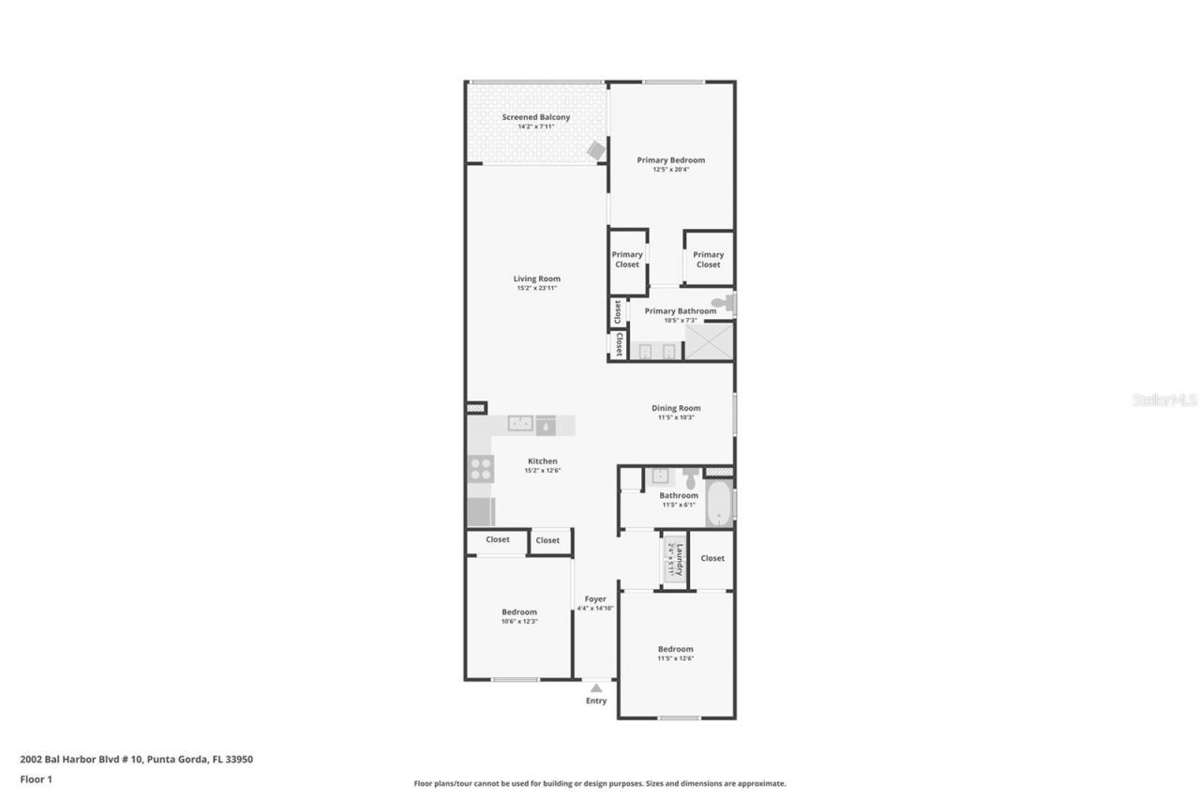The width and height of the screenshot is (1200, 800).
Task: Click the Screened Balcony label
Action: tap(535, 117)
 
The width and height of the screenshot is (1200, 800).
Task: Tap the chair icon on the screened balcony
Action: tap(595, 150)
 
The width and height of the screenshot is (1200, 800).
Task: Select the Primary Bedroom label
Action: tap(670, 160)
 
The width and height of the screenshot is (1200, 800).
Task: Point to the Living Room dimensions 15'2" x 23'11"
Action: tap(536, 288)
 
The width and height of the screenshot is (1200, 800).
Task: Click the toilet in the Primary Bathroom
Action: tap(722, 303)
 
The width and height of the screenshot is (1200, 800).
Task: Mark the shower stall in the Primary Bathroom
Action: tap(708, 342)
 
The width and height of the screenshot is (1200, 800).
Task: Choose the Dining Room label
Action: tap(676, 408)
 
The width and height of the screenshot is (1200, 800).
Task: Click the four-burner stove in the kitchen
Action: tap(481, 468)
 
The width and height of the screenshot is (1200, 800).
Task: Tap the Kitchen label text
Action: tap(542, 461)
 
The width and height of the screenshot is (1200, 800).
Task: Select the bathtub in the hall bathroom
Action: tap(719, 505)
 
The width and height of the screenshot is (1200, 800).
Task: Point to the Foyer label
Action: tap(595, 598)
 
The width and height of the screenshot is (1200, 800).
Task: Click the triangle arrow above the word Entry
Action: tap(595, 687)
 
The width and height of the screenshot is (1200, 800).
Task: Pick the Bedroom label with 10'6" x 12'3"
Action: tap(518, 611)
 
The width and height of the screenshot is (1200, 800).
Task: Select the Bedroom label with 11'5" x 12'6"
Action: tap(675, 649)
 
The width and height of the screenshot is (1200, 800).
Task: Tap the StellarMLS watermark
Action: tap(1164, 400)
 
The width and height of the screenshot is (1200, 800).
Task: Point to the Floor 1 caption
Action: tap(37, 779)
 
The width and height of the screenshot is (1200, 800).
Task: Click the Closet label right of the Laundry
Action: tap(712, 558)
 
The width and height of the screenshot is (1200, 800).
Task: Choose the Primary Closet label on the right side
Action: tap(708, 260)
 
